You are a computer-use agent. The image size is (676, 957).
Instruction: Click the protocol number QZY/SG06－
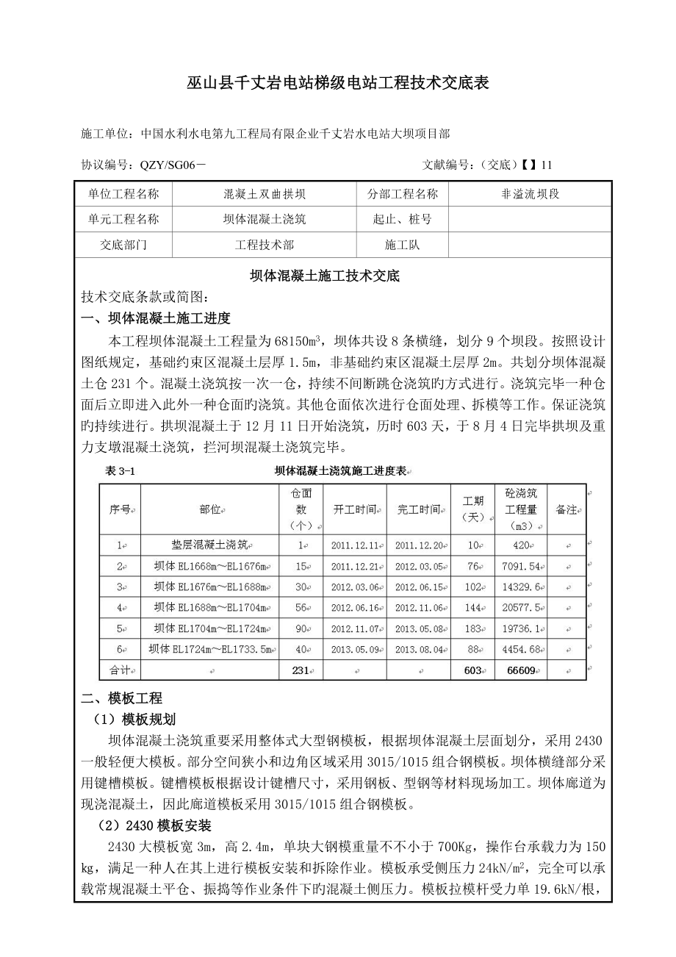[173, 165]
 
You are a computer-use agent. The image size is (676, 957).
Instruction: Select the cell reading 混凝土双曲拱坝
[264, 195]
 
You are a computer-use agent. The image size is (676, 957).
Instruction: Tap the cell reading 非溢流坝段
[529, 195]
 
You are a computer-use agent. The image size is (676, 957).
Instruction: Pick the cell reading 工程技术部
[264, 245]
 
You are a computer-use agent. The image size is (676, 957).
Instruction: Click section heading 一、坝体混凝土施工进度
[156, 318]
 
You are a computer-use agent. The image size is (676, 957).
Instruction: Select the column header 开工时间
[355, 509]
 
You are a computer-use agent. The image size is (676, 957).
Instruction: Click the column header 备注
[566, 509]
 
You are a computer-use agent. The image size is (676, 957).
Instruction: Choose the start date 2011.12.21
[355, 567]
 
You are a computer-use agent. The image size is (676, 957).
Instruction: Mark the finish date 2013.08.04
[419, 649]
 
